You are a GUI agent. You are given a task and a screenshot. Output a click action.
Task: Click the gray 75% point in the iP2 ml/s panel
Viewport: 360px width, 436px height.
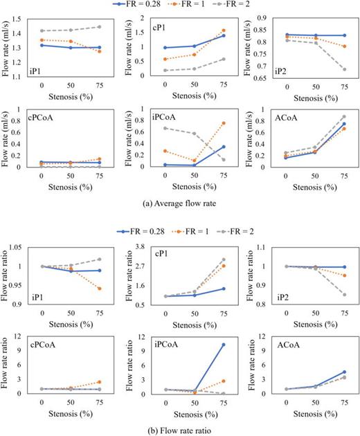[344, 69]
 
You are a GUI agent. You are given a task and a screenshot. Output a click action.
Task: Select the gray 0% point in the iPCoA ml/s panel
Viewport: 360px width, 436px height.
[164, 128]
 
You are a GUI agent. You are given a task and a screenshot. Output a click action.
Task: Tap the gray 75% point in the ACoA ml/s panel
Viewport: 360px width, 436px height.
[344, 117]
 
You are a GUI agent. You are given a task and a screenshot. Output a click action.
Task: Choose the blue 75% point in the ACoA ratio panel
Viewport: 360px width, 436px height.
[344, 372]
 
